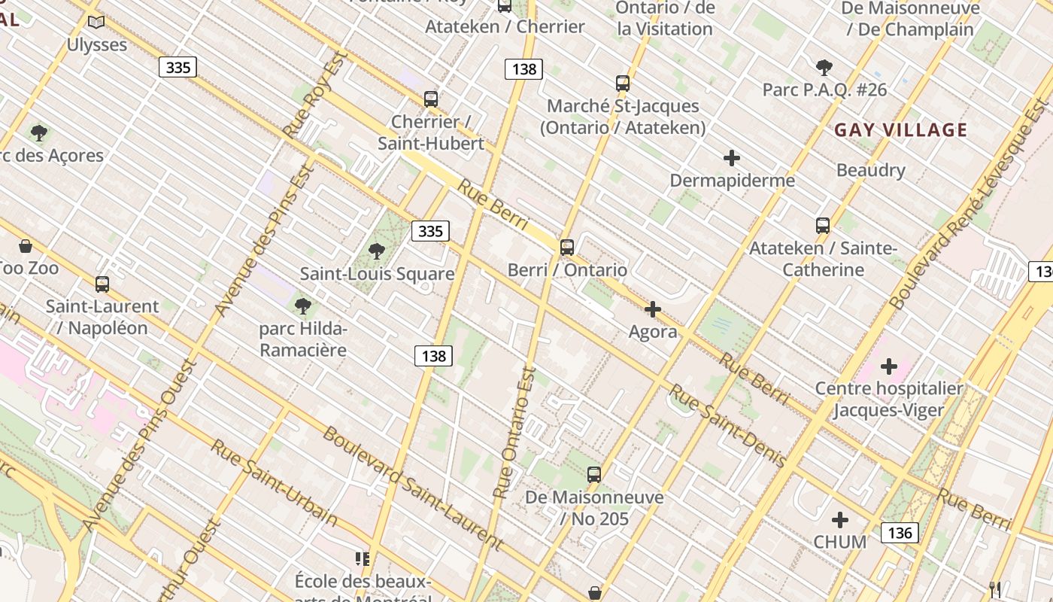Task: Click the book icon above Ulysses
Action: [96, 23]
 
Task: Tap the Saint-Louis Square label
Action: [377, 273]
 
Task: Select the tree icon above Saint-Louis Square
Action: [377, 251]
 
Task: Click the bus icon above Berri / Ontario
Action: [567, 247]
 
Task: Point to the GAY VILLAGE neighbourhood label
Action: [900, 129]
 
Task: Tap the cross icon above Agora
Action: [653, 309]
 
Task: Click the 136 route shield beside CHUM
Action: [899, 533]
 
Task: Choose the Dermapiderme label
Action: [732, 181]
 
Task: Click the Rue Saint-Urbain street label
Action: [274, 482]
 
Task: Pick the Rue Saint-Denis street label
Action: [727, 425]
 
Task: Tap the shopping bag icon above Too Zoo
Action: [26, 246]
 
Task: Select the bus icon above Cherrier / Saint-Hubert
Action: [431, 99]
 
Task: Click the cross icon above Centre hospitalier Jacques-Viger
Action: [889, 366]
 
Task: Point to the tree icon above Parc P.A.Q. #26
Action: [824, 68]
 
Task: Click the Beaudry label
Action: [870, 170]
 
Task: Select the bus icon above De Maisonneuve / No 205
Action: [594, 475]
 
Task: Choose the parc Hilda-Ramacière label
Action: [303, 339]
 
